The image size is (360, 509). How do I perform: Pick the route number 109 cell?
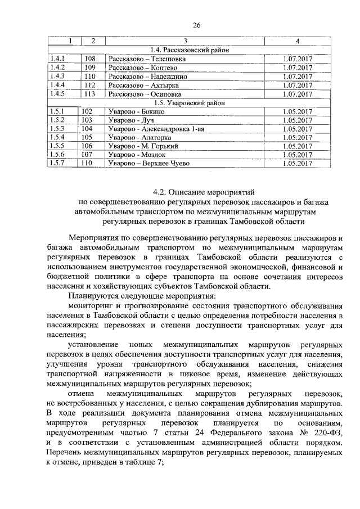click(89, 67)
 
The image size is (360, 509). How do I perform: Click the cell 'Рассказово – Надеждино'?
click(139, 76)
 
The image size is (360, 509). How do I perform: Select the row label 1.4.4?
click(57, 85)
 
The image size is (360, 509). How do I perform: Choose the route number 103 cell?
click(87, 120)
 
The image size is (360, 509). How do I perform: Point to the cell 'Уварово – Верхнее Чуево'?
click(149, 164)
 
